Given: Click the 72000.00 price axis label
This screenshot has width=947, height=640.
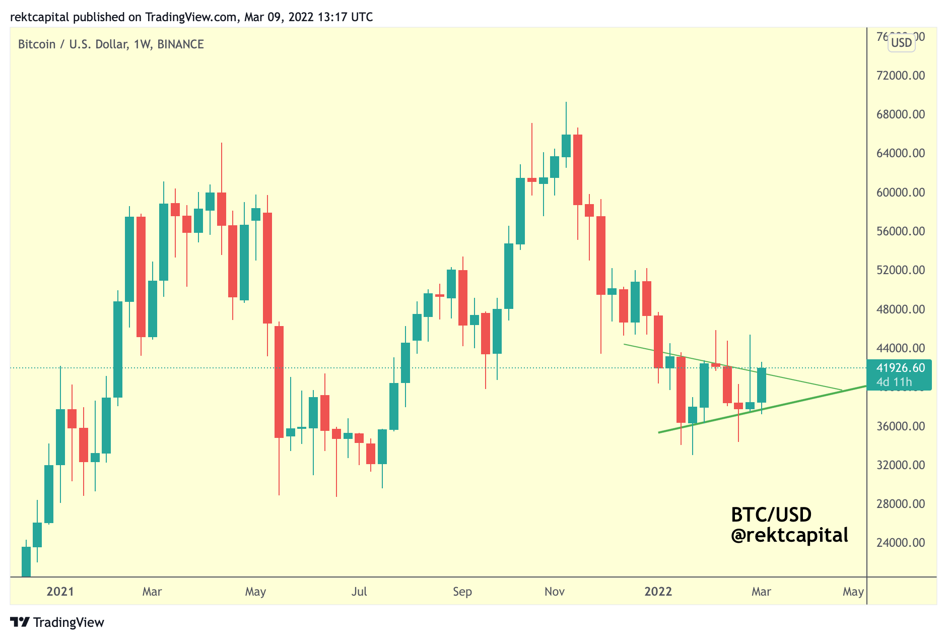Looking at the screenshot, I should click(901, 76).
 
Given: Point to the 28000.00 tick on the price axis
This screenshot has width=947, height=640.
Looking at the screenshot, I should click(901, 504).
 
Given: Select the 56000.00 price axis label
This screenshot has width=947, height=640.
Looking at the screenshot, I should click(901, 231).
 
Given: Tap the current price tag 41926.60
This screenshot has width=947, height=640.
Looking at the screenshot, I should click(900, 368).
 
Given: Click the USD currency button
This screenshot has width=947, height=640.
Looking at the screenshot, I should click(901, 43).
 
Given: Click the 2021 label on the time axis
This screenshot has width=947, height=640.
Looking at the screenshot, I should click(60, 592).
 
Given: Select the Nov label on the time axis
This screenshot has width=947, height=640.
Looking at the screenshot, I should click(554, 592).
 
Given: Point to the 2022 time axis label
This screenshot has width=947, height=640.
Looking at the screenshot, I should click(658, 592).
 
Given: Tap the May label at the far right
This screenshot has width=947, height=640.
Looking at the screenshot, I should click(853, 592).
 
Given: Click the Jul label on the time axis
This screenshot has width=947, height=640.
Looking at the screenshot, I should click(359, 592).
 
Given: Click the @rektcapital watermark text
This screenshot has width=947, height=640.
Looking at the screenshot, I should click(789, 535).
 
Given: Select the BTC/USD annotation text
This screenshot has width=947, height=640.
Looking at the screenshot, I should click(771, 515).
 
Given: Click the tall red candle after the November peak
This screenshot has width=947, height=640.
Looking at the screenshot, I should click(577, 169).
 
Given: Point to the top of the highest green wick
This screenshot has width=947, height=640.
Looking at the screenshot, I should click(566, 103).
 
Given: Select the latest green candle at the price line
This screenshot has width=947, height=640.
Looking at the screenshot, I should click(761, 385).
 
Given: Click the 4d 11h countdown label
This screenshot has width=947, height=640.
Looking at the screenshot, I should click(894, 382).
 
